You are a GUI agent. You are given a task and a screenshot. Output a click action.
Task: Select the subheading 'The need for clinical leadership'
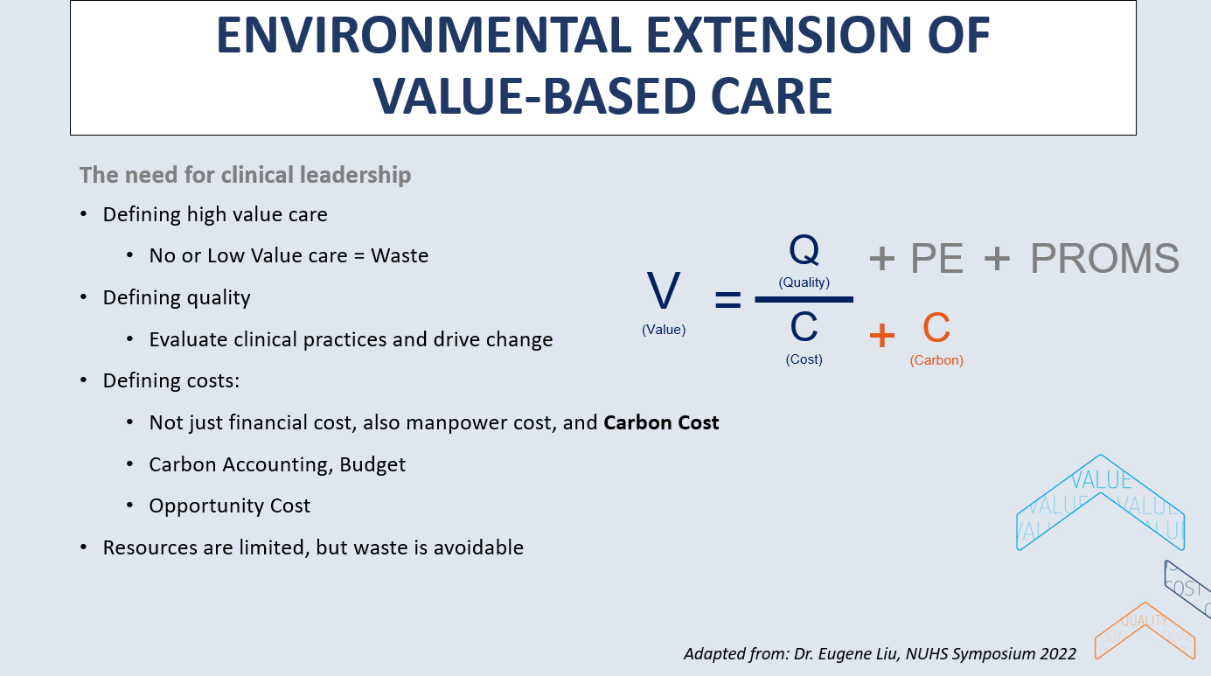click(245, 175)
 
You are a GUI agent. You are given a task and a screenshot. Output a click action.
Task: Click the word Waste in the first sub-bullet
click(400, 256)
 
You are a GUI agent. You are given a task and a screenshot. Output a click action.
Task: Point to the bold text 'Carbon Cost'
click(661, 423)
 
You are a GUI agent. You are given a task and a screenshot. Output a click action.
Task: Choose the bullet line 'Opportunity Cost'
click(229, 506)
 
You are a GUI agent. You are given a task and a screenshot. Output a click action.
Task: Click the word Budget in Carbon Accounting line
click(373, 464)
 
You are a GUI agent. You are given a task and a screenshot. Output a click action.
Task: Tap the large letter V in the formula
click(664, 292)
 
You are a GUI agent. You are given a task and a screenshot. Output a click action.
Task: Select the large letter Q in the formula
click(804, 251)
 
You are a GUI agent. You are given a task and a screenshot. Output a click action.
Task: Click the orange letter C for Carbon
click(936, 330)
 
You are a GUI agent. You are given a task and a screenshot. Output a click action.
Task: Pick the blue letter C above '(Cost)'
click(804, 328)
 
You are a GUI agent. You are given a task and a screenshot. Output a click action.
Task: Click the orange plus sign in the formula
click(882, 335)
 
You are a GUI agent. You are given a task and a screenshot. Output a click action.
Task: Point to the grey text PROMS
click(1104, 259)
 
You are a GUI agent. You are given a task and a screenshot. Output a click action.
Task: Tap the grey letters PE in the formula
click(937, 259)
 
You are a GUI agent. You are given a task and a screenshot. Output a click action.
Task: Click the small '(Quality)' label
click(804, 282)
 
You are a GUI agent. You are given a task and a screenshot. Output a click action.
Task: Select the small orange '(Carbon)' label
click(936, 360)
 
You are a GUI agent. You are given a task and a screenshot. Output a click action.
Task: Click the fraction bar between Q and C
click(804, 300)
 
